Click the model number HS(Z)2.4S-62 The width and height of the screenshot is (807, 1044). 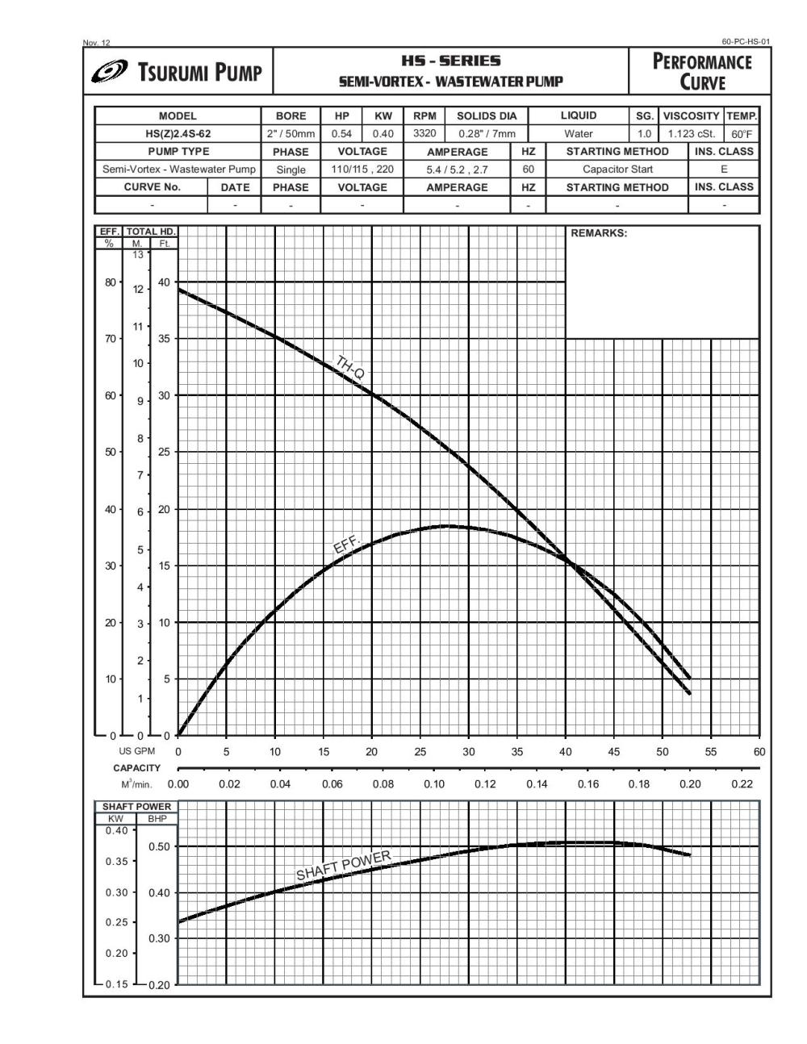click(x=178, y=134)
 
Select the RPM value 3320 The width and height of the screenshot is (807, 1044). click(x=424, y=134)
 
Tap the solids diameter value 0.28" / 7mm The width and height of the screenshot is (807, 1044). click(x=487, y=134)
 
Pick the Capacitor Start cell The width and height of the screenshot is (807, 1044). click(x=617, y=169)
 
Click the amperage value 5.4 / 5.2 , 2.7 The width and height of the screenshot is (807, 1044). click(x=457, y=169)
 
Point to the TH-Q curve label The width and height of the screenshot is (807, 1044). click(x=350, y=367)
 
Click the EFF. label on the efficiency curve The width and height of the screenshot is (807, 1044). click(x=346, y=545)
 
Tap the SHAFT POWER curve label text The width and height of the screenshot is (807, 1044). click(x=343, y=865)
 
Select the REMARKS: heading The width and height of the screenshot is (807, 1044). click(x=599, y=234)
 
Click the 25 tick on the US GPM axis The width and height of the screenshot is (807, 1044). click(x=420, y=752)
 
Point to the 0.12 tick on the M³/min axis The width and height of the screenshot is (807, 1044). click(x=485, y=784)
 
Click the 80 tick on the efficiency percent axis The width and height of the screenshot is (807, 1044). click(x=110, y=282)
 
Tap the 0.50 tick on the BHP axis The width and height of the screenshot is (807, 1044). click(x=160, y=846)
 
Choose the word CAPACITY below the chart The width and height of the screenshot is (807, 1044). click(x=137, y=768)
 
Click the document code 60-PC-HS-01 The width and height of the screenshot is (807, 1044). click(x=746, y=42)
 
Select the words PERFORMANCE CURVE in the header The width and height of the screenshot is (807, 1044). click(x=701, y=72)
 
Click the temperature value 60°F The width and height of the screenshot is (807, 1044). click(x=742, y=134)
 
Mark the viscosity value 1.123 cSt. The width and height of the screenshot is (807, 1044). click(x=691, y=134)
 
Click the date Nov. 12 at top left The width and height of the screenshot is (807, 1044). click(x=97, y=43)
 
